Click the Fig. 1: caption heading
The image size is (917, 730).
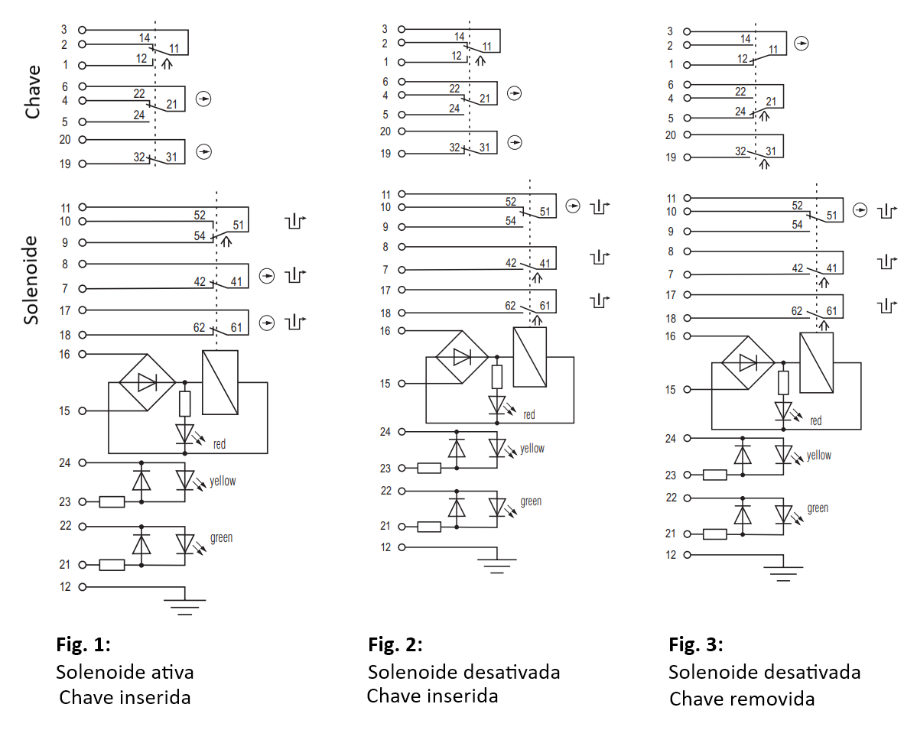(83, 644)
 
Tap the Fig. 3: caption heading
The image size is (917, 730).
(696, 644)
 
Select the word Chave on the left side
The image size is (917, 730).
(33, 92)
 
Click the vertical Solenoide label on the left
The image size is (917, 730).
(31, 280)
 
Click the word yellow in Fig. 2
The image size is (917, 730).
(532, 449)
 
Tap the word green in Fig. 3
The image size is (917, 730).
(818, 508)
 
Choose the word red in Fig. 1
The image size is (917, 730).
(219, 444)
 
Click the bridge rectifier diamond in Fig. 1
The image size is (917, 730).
(148, 382)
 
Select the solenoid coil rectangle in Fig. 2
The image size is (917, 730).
(530, 357)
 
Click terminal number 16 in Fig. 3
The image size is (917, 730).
(670, 336)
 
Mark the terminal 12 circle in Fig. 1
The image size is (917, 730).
(83, 587)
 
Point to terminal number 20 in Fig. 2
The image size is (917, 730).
(385, 131)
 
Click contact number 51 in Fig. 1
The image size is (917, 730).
(238, 225)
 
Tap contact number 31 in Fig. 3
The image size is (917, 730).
(771, 151)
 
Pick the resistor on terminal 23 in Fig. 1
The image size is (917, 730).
(112, 501)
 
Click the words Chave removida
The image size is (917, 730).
(742, 699)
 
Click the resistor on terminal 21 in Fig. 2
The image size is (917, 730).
(429, 527)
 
